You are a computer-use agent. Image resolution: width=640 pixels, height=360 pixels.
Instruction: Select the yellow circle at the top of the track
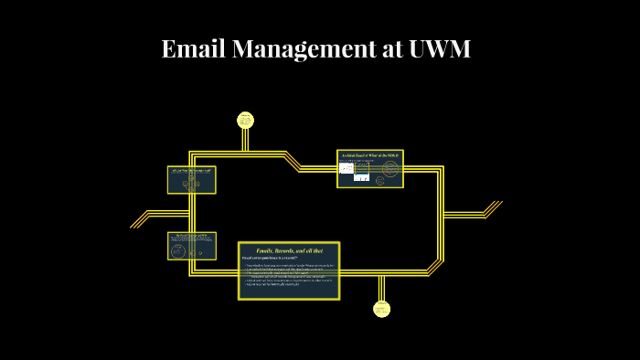click(245, 120)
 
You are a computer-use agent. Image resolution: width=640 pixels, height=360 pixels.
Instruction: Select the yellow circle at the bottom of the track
click(382, 309)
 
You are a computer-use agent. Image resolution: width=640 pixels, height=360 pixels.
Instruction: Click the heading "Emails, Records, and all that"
click(289, 249)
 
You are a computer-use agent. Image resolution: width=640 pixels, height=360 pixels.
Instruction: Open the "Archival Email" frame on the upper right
click(369, 168)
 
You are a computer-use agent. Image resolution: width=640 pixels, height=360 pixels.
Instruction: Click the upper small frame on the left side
click(191, 180)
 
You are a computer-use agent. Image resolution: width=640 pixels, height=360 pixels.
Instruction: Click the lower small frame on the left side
click(191, 245)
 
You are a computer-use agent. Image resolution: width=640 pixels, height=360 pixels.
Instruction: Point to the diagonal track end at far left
click(139, 219)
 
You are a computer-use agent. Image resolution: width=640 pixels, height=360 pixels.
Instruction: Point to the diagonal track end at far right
click(493, 208)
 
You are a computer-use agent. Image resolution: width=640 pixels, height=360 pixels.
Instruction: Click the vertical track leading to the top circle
click(245, 140)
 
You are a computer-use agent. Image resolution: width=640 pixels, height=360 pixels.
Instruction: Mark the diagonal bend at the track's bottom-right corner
click(435, 266)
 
